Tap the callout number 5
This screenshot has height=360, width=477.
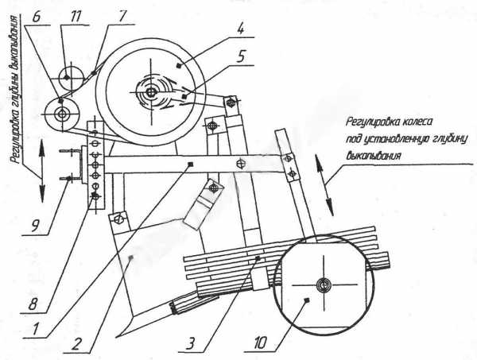[241, 56]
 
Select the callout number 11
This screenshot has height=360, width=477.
[75, 17]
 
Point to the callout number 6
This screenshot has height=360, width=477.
[36, 17]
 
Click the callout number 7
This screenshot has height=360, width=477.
[122, 17]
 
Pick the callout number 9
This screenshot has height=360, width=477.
[35, 226]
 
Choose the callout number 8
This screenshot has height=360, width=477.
[33, 304]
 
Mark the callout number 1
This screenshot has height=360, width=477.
[35, 329]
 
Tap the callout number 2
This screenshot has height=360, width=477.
[76, 345]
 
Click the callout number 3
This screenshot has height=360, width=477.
[191, 344]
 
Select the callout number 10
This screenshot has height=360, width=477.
[258, 343]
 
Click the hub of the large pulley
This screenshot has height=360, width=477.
[150, 92]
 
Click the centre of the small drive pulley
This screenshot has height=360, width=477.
[62, 114]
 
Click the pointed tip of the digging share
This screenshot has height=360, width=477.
[117, 337]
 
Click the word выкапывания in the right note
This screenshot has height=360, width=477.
[373, 156]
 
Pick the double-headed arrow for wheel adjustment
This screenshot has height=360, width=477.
[324, 185]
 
